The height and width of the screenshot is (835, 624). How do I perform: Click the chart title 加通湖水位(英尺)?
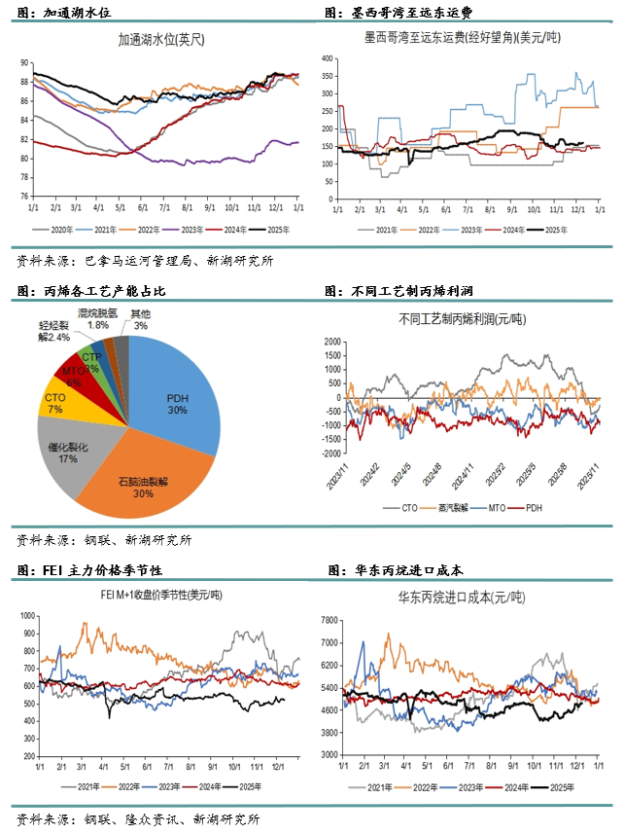tap(162, 42)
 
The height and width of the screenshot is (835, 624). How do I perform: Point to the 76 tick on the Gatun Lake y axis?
tap(23, 196)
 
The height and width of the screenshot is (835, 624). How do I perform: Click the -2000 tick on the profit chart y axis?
tap(331, 454)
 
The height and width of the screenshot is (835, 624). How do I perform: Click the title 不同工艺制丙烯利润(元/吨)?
tap(462, 318)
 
